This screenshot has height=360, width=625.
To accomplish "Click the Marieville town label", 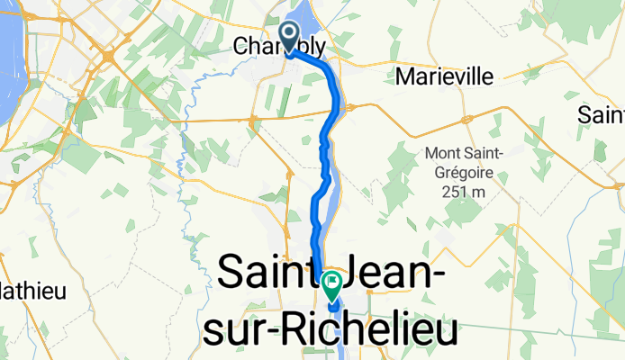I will (444, 77).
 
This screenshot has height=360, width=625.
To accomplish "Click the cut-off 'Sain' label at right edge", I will (602, 115).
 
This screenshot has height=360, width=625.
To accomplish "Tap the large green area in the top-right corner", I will (594, 27).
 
